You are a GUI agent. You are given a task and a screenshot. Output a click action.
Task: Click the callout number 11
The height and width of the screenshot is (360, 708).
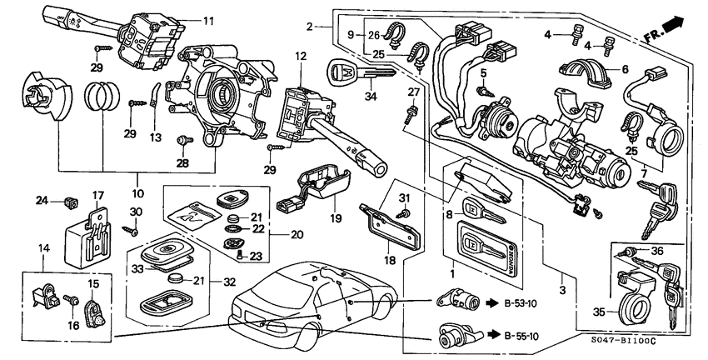(x=208, y=19)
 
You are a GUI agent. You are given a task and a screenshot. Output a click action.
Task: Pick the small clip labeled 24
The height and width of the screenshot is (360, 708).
(x=68, y=200)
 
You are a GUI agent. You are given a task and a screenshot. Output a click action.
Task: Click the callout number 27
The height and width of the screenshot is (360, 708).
(x=413, y=92)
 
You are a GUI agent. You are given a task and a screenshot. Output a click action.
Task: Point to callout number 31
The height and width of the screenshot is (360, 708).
(x=406, y=197)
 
